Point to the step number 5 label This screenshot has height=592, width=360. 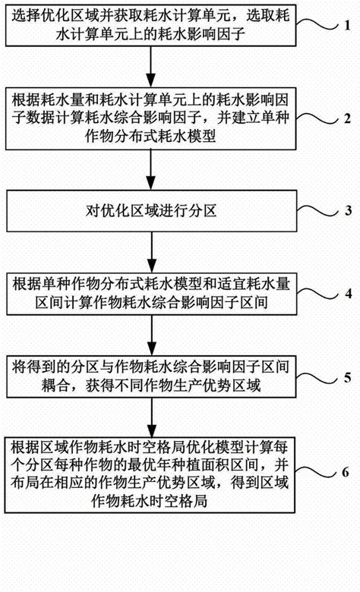[346, 376]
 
